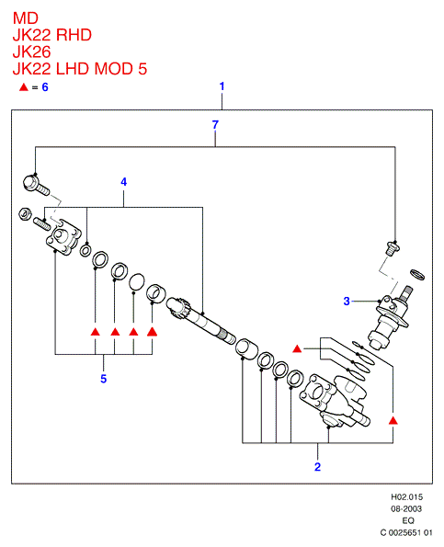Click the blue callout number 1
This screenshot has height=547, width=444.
coord(222,86)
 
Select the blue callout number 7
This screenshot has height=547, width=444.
coord(215,124)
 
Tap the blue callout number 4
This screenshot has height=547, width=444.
coord(124,182)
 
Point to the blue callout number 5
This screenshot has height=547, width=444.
coord(104,379)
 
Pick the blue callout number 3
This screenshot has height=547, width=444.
coord(347,301)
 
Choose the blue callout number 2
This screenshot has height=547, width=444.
coord(317,467)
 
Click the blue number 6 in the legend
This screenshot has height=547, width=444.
coord(45,87)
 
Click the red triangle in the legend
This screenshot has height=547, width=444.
coord(23,87)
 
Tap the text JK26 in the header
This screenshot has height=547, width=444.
coord(32,51)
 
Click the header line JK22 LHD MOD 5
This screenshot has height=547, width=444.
coord(80,69)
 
